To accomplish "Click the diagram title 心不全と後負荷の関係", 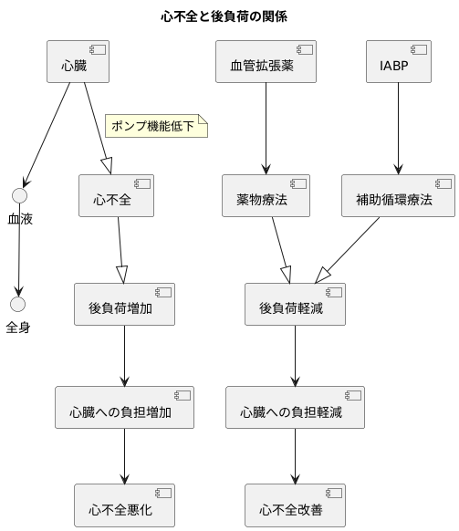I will [229, 16].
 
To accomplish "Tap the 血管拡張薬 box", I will [266, 64].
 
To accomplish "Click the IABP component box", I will [398, 64].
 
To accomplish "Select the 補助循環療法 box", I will [398, 198].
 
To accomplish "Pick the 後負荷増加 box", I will [124, 306].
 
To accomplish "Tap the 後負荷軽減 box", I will [295, 306].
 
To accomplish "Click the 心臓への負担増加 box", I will [124, 411].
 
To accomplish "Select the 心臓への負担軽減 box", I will [295, 411].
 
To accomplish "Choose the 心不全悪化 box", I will [124, 507].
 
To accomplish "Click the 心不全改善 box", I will [295, 507].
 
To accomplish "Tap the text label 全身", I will [18, 327].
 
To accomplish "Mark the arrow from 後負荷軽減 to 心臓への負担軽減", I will [295, 357].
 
